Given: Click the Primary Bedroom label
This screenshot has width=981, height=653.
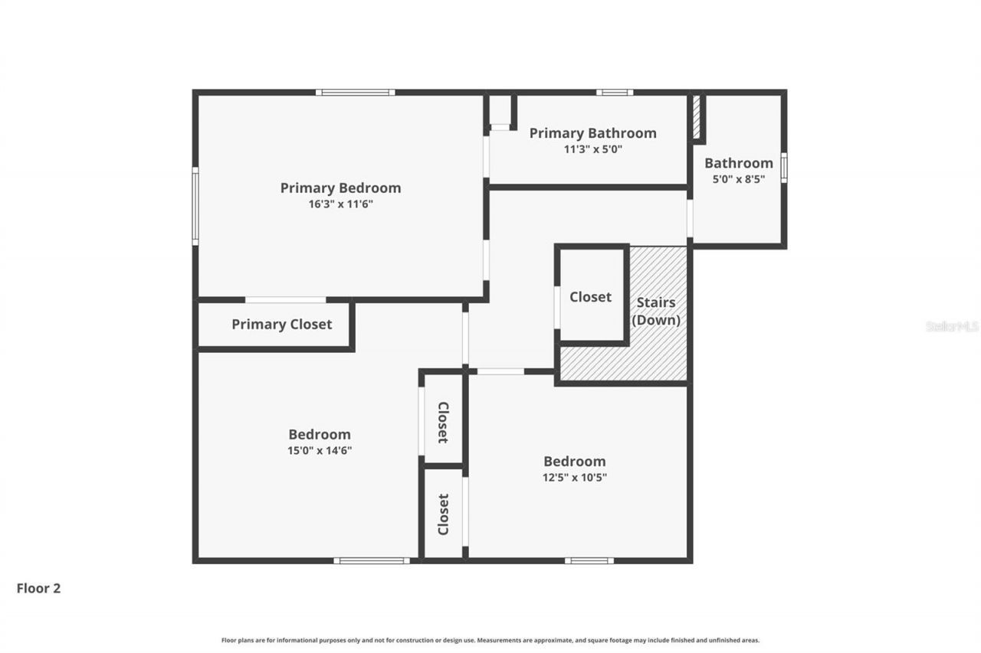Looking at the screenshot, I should tap(340, 188).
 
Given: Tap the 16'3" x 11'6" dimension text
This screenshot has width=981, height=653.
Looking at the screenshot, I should tap(340, 204).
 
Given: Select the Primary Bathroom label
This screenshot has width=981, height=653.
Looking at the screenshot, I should tap(592, 133).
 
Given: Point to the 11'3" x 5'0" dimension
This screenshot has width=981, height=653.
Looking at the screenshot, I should tap(592, 149).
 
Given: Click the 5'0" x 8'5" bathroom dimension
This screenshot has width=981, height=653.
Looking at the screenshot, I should tap(739, 180).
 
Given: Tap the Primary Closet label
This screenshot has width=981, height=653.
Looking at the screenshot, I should tap(281, 324).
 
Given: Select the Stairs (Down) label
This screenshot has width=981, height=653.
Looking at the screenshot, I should tap(656, 311).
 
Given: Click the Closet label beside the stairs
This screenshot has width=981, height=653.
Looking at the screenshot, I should tap(590, 296).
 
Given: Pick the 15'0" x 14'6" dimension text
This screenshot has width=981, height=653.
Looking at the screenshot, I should tap(320, 451).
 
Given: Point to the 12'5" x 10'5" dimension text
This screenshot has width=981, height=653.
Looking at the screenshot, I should tap(575, 477).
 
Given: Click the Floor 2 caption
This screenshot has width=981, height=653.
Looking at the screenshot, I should tap(38, 588).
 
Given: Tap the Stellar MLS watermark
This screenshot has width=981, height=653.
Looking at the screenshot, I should tap(952, 326).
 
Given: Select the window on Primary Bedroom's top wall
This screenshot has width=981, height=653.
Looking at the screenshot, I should tap(355, 93).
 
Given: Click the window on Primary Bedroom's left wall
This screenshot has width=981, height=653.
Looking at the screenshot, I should tap(195, 206).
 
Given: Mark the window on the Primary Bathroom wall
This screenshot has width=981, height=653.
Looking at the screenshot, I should tap(615, 93).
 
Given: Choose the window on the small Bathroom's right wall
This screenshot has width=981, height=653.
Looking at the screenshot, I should tap(783, 168).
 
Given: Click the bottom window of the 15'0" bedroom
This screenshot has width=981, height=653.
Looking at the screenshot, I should tap(372, 560).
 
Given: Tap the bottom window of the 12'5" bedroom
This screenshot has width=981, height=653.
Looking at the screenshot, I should tap(589, 560).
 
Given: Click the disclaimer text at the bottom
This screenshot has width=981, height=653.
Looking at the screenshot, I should tap(490, 640).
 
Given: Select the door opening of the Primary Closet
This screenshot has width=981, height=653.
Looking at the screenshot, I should tap(285, 299).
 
